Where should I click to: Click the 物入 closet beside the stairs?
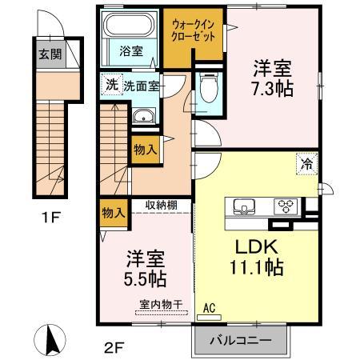144,148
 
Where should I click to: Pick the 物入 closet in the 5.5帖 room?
114,212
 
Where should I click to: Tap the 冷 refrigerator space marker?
307,162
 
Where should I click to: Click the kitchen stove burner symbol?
284,205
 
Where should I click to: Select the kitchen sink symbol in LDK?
242,206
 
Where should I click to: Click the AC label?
210,306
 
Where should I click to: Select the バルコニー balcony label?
239,340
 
